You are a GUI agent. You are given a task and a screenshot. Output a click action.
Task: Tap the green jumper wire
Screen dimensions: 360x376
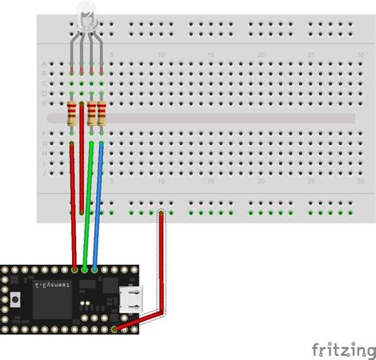88,206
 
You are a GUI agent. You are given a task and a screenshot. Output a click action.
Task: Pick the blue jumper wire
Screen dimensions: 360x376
97,206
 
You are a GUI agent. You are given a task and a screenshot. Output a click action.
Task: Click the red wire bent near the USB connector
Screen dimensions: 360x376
163,270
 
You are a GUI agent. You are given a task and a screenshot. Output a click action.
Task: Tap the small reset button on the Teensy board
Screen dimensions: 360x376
19,299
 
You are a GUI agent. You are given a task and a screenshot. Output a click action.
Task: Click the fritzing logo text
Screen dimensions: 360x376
343,349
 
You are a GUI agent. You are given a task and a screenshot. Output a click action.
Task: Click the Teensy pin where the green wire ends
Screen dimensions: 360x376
85,270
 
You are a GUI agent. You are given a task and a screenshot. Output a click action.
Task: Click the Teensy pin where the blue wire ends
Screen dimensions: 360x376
95,270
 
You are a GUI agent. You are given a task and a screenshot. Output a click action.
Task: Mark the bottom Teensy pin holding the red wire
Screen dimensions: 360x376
117,328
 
